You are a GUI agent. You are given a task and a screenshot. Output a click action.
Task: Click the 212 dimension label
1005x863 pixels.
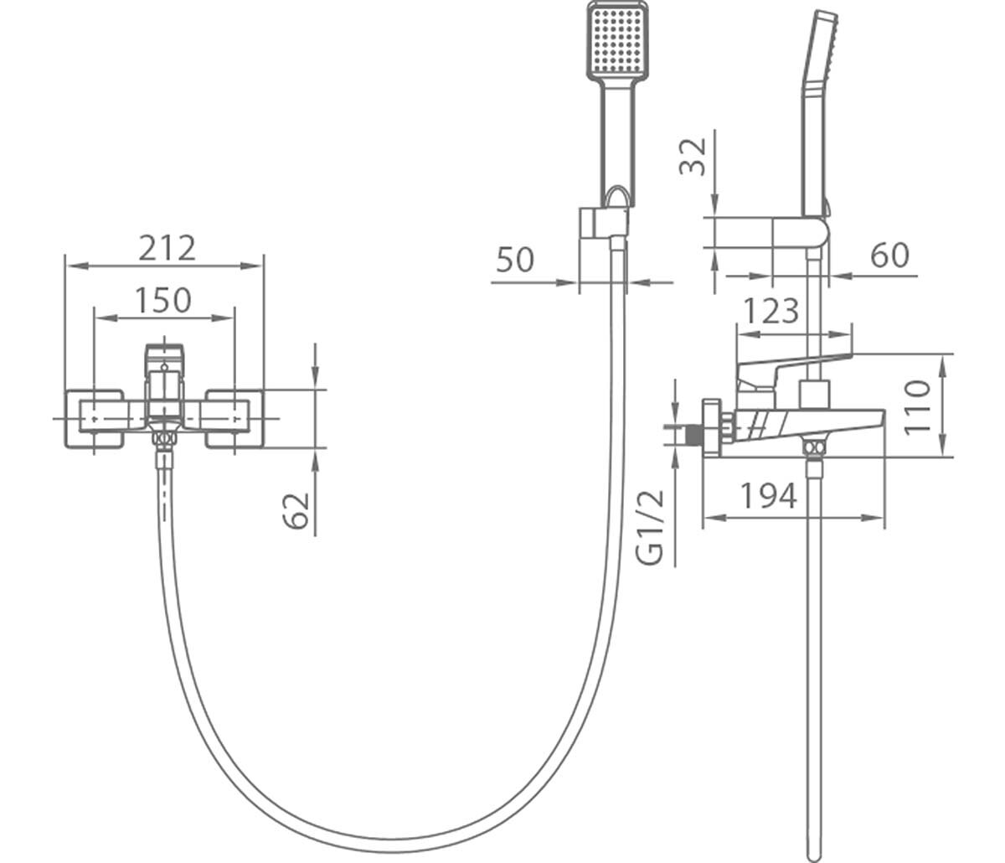click(167, 248)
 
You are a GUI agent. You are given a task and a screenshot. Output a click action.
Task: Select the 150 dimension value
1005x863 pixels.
click(162, 300)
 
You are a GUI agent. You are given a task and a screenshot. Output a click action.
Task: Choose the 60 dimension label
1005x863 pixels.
click(889, 255)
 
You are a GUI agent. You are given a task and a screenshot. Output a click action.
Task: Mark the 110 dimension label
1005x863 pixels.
click(916, 406)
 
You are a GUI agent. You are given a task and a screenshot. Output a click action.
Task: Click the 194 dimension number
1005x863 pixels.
click(769, 496)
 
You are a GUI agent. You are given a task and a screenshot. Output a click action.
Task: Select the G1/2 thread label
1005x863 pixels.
click(651, 527)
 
